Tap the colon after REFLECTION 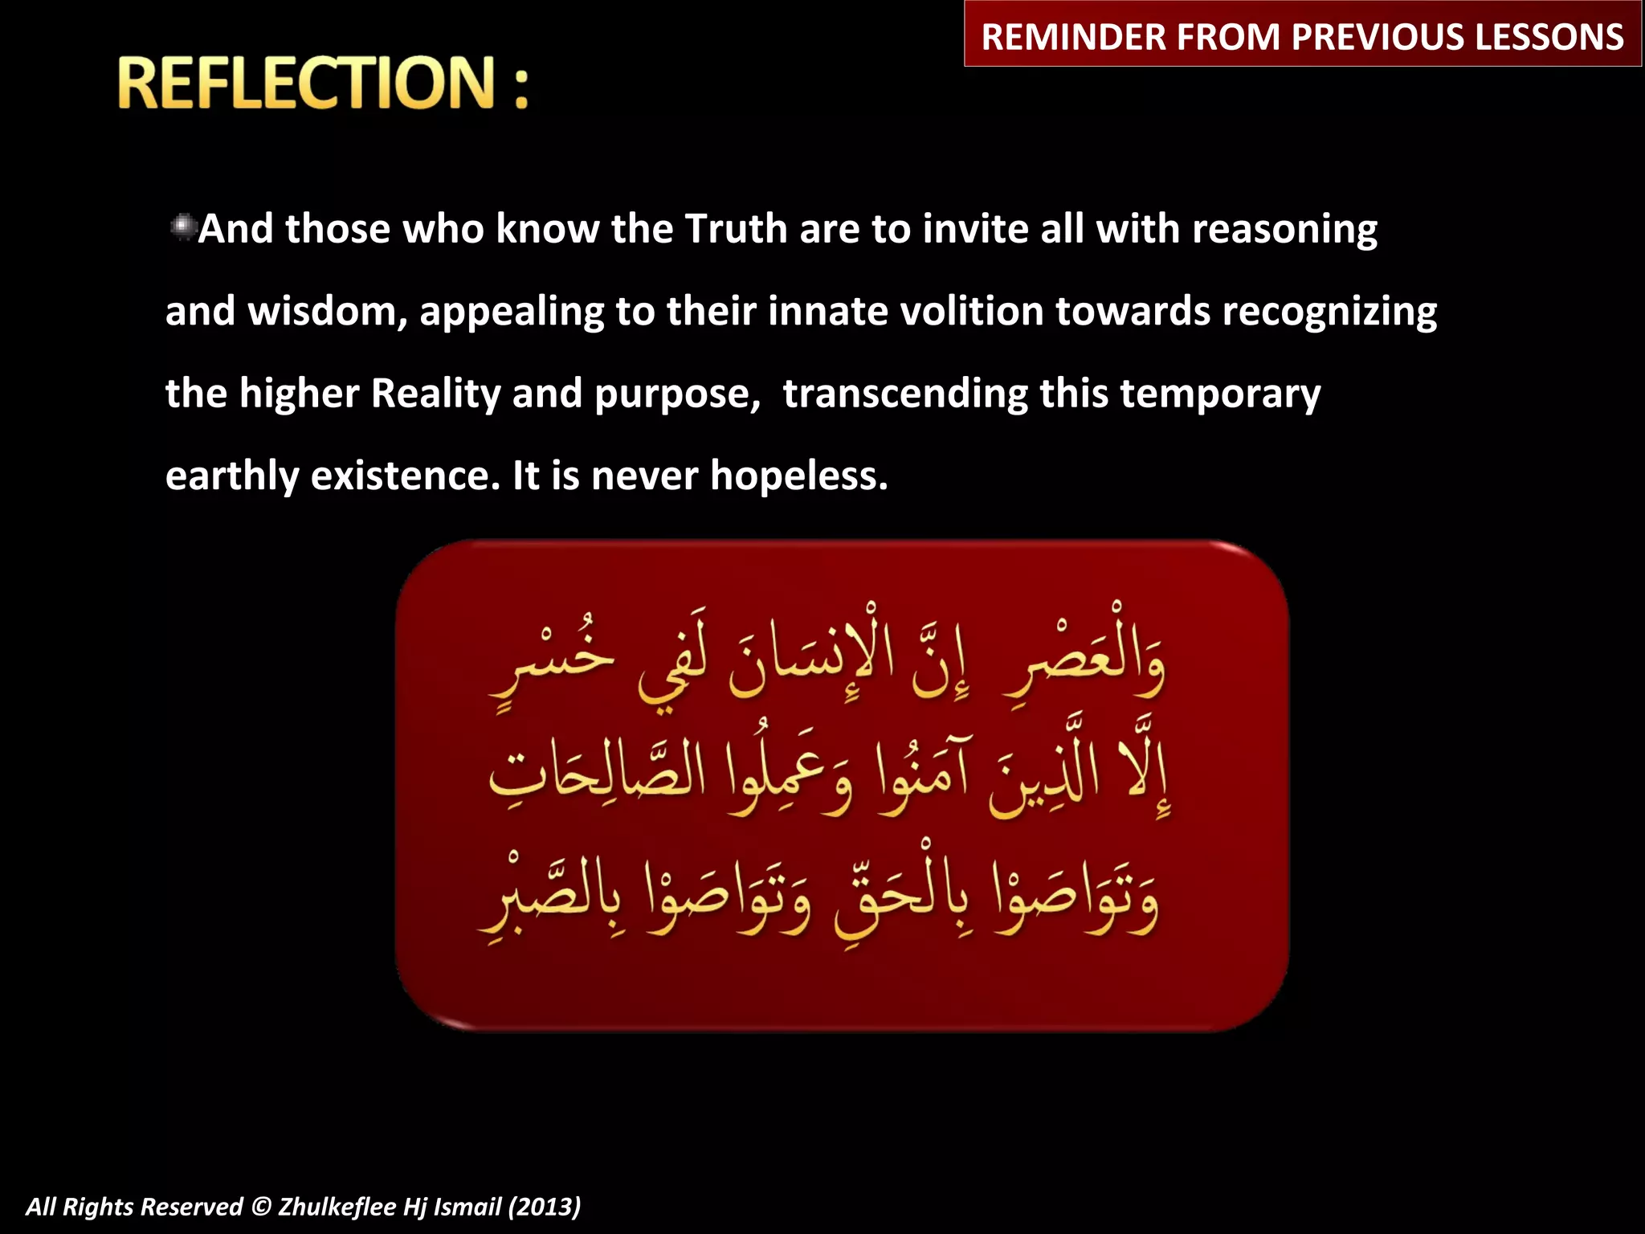(x=521, y=87)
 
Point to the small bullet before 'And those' (x=182, y=227)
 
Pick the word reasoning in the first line (x=1284, y=231)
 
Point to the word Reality (x=436, y=394)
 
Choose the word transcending (x=905, y=394)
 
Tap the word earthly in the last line (x=231, y=476)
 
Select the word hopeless (x=798, y=476)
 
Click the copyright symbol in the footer (x=261, y=1207)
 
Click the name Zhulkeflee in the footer (x=337, y=1207)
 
